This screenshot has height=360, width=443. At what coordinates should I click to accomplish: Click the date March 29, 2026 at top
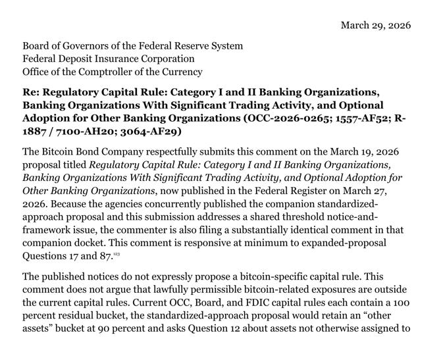tap(375, 25)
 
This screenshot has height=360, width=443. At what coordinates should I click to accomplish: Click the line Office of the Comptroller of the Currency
tap(113, 72)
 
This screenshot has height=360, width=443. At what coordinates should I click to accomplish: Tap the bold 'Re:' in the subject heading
tap(33, 92)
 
